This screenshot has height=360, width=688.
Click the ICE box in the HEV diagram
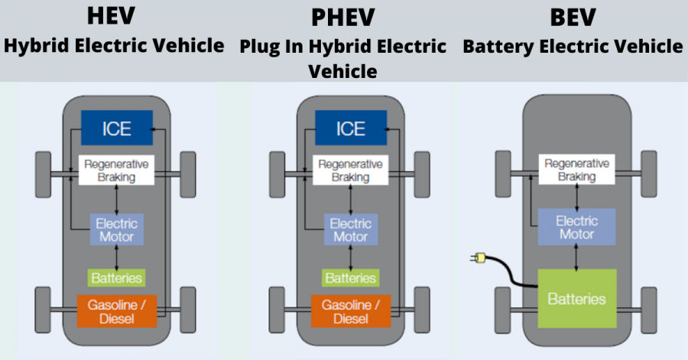coord(117,128)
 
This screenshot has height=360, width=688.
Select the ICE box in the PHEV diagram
coord(351,128)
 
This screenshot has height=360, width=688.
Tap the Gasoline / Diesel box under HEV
coord(117,310)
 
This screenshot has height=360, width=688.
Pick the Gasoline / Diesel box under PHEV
coord(351,310)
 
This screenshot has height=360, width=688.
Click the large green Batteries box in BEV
coord(577,298)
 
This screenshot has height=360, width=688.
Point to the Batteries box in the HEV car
coord(117,277)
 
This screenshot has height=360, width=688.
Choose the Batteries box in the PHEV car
coord(351,277)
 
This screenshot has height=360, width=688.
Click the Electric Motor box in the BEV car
coord(577,227)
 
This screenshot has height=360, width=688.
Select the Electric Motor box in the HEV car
coord(117,230)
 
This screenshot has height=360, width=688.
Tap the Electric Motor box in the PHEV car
coord(351,230)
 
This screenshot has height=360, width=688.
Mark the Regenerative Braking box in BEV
coord(577,170)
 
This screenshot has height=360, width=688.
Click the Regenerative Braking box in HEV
coord(117,170)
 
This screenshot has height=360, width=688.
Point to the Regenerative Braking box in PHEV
coord(351,170)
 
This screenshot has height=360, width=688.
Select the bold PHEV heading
coord(343,17)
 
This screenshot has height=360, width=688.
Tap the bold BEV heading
coord(572,16)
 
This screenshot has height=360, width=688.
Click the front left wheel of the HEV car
coord(44,174)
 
